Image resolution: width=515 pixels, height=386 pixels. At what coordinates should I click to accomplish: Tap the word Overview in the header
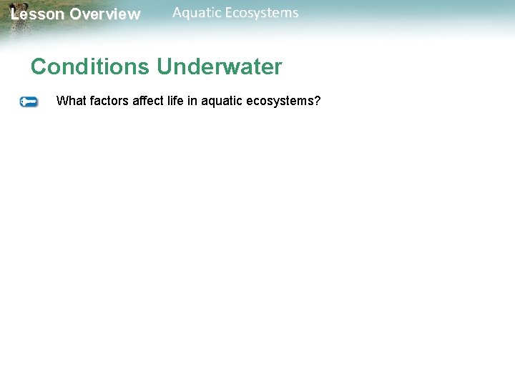pos(105,14)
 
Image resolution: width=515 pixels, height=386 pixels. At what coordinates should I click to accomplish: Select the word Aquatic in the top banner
pos(197,13)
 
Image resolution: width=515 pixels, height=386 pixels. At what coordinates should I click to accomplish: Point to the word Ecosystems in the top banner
pos(263,13)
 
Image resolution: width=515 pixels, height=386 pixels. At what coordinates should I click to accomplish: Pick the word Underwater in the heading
pos(220,67)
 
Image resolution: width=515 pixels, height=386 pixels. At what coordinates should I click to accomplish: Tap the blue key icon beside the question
pos(29,102)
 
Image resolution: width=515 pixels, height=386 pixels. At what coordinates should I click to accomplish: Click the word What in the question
pos(70,101)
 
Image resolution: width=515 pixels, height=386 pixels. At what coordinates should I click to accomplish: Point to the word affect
pos(147,101)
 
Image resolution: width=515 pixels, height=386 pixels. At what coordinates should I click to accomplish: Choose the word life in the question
pos(175,101)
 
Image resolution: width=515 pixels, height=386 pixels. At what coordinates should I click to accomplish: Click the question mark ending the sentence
pos(318,101)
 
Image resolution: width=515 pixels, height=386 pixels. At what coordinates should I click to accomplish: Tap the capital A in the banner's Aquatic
pos(178,13)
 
